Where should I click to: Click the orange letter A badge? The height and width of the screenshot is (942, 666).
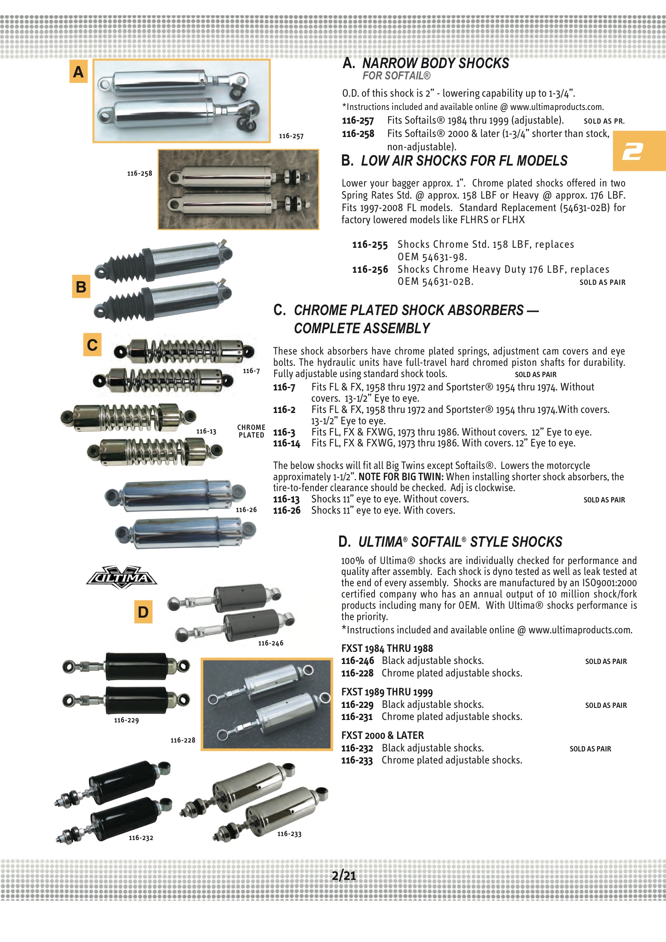point(79,72)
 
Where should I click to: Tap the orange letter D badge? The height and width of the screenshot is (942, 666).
point(143,612)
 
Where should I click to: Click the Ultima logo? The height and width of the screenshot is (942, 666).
point(121,577)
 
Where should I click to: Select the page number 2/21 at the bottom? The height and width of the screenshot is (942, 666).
point(343,875)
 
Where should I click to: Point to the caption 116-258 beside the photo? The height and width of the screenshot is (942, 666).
point(139,174)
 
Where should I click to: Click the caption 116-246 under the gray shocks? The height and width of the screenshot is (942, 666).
point(271,643)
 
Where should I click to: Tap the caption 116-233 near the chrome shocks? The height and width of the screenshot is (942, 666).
point(289,834)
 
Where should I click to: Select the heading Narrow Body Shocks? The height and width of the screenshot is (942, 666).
point(435,63)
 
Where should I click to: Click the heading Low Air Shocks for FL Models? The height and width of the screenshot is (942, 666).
point(464,161)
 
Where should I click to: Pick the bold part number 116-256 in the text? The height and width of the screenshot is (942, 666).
point(370,270)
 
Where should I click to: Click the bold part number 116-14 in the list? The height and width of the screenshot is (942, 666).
point(287,444)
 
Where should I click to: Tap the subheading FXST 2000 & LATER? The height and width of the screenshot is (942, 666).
point(382,735)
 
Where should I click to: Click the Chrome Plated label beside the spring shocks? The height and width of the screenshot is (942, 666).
point(251,431)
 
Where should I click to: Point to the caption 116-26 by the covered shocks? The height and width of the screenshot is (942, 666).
point(246,510)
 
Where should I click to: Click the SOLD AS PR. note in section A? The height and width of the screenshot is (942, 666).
point(604,121)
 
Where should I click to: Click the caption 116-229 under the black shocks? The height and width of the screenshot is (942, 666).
point(126,720)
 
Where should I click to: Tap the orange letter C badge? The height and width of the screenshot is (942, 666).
point(92,344)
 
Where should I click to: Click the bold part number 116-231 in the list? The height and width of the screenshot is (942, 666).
point(357,717)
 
